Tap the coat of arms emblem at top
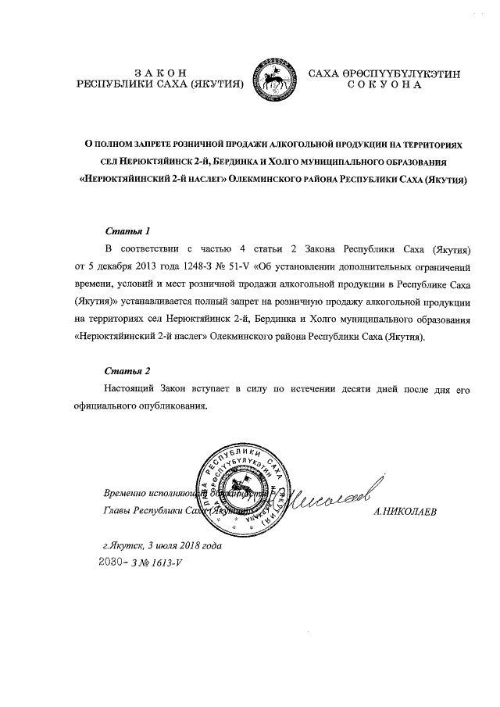click(277, 76)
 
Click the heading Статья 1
click(127, 231)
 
